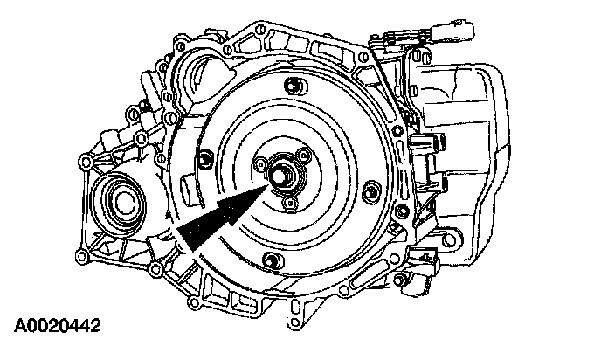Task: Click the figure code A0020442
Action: [58, 326]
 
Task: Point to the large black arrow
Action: [222, 217]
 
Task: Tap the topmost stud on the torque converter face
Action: [293, 87]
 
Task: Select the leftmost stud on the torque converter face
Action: [205, 158]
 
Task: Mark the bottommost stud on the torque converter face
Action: [273, 260]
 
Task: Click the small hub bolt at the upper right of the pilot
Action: [303, 155]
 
